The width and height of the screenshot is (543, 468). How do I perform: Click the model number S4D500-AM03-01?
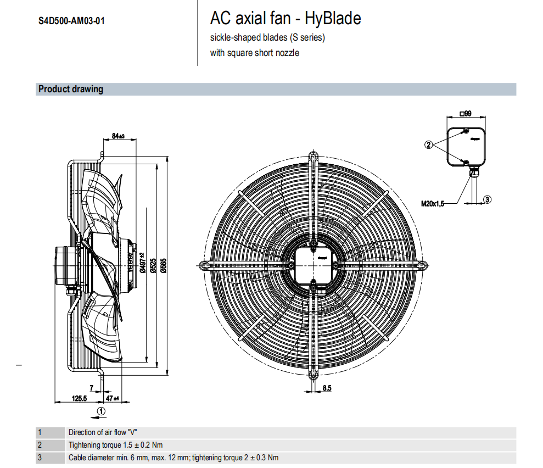(71, 21)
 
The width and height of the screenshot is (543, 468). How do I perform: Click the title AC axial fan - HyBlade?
(286, 19)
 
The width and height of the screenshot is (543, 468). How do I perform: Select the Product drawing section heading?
(71, 89)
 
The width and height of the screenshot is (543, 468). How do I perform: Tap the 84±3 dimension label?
(118, 136)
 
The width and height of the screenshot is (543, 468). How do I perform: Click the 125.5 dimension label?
(80, 398)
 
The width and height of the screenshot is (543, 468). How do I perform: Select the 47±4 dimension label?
(112, 398)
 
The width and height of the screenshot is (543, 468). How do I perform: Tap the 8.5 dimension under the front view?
(327, 388)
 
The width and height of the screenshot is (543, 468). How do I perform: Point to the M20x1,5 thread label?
(432, 203)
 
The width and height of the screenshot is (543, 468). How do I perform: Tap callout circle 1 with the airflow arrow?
(101, 410)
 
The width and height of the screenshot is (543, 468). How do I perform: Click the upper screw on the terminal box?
(466, 131)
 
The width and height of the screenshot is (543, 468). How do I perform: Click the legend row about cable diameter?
(173, 458)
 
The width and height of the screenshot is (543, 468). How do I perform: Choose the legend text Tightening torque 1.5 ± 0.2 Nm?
(115, 445)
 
